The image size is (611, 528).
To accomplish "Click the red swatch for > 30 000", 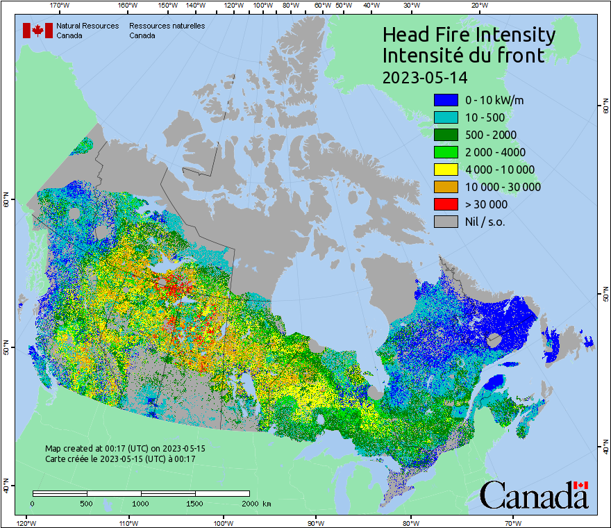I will coord(446,204).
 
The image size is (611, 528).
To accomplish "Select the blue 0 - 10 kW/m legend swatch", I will coord(446,100).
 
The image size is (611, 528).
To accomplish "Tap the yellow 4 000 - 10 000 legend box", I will coord(446,170).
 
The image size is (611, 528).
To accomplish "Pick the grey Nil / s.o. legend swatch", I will coord(446,222).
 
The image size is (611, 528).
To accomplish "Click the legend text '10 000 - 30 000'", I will coord(503,187).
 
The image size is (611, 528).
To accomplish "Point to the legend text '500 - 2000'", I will coord(491,135).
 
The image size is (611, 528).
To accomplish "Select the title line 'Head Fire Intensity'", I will coord(469,35).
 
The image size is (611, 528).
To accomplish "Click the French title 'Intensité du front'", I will coord(463,56).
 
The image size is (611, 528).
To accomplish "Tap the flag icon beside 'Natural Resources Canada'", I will coord(37,31).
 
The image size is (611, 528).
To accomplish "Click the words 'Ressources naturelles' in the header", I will coord(167,26).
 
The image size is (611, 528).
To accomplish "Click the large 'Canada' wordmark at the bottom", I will coord(534,495).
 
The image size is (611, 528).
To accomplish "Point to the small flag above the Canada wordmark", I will coord(581,485).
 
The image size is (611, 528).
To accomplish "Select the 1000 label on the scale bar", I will coord(141,503).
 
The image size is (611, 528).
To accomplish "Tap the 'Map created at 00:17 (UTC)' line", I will coord(125,449).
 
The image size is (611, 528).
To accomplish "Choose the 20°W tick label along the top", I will coord(478,6).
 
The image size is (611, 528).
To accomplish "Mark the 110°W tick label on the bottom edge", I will coord(128,522).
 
